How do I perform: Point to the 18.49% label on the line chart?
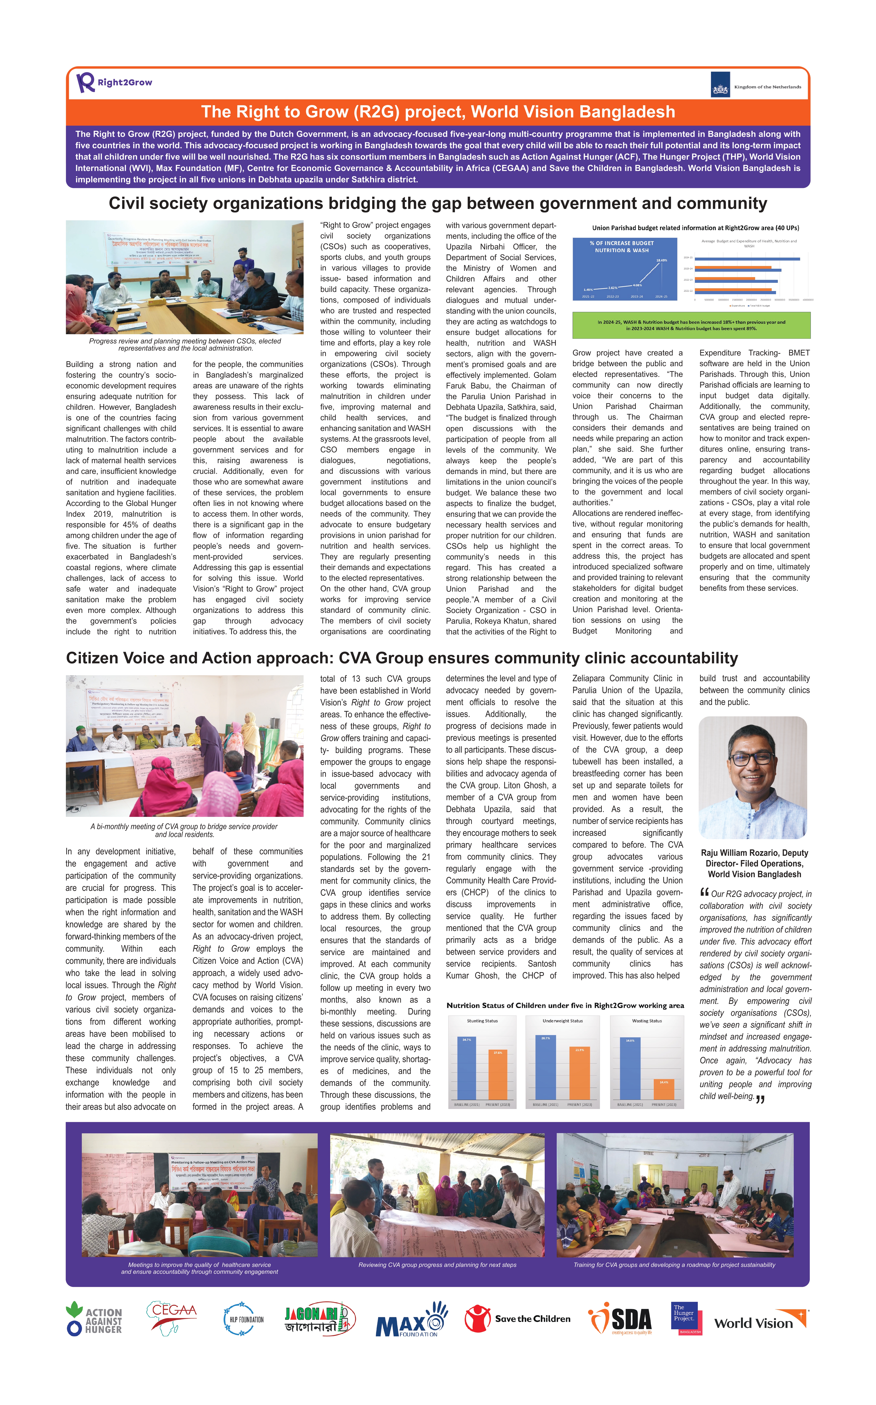pos(661,260)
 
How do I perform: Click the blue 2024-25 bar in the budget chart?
pos(747,259)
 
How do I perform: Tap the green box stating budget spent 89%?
pos(691,325)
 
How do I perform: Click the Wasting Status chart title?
pos(646,1021)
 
